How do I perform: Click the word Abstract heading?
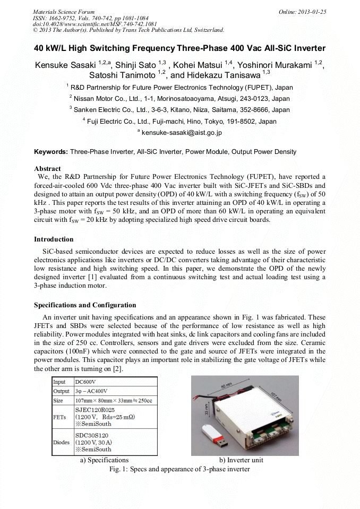47,169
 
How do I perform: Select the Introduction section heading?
54,239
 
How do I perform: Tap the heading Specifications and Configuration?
85,305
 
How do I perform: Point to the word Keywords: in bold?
51,152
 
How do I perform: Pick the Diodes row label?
61,442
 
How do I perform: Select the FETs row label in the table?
60,417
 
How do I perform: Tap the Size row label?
59,400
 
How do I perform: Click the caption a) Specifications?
104,460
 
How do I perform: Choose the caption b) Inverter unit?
241,460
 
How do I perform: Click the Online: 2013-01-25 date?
302,12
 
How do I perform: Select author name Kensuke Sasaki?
65,65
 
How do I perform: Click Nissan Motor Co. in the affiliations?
104,99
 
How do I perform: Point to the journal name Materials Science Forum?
64,12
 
